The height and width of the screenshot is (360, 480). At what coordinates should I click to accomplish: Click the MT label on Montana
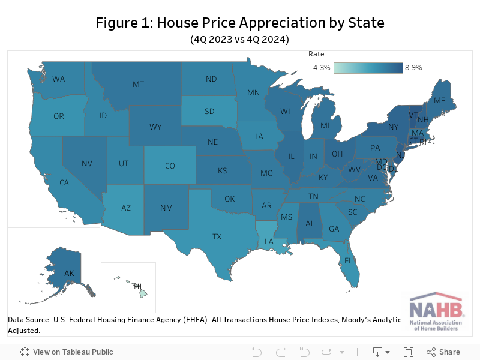138,85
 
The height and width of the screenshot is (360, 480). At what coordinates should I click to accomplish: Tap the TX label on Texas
217,236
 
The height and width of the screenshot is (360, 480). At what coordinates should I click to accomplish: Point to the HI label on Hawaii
137,286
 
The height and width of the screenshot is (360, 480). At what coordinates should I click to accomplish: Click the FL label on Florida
348,261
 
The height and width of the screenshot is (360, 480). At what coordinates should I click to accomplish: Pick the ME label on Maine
439,100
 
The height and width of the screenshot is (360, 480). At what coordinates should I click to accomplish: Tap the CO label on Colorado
170,166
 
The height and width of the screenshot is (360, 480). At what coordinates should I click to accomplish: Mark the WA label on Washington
59,79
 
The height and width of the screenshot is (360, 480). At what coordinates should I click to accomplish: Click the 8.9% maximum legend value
413,68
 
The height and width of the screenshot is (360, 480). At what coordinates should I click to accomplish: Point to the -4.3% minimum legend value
320,68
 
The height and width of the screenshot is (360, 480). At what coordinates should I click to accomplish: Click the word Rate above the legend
316,54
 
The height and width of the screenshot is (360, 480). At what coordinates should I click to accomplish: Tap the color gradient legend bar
368,68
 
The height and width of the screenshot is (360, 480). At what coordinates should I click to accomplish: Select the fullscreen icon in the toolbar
409,352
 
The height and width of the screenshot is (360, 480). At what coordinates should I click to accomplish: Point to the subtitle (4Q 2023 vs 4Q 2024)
240,40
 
